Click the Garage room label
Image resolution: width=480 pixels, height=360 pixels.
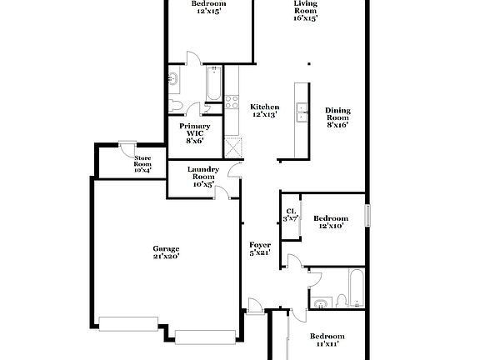point(165,252)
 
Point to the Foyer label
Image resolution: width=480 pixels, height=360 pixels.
point(260,248)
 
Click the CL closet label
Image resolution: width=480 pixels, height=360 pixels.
point(291,215)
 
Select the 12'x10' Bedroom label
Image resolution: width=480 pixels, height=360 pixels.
point(332,222)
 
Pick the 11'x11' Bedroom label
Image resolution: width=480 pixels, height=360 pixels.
point(327,340)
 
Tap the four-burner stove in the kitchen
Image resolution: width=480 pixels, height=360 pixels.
point(231,103)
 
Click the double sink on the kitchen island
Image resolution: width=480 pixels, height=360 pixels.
point(302,112)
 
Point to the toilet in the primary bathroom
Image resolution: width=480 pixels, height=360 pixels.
point(174,106)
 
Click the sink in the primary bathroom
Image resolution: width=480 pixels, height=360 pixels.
point(173,81)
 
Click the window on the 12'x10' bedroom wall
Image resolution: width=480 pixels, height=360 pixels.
point(367,212)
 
